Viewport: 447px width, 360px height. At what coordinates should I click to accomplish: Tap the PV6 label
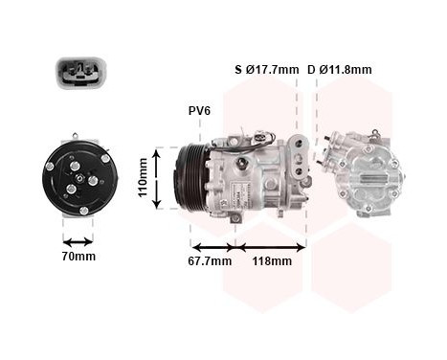199,110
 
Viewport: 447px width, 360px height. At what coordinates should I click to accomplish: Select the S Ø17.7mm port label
266,70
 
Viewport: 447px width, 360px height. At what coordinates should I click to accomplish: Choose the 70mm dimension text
78,257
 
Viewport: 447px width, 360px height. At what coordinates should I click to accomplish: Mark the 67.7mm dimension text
210,260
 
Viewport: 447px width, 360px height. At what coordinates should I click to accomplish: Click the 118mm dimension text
271,260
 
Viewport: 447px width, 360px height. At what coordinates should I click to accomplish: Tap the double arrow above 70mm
78,241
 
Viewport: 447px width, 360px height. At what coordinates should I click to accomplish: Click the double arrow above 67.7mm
210,246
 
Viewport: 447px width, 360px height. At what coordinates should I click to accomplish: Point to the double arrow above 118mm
271,246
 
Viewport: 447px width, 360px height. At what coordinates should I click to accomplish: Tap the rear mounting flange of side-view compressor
303,168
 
